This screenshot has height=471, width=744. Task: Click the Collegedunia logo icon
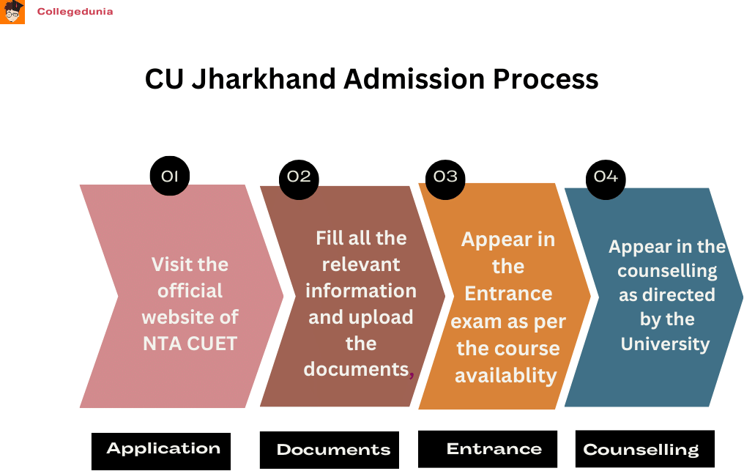(x=12, y=12)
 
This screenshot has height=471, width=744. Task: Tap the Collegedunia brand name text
(x=75, y=12)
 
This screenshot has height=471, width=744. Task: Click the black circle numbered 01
(x=169, y=177)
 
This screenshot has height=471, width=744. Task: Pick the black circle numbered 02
(x=299, y=177)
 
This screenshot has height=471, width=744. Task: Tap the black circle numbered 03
(x=445, y=177)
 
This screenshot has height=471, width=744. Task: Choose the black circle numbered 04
(x=606, y=177)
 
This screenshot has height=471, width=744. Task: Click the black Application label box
(x=162, y=450)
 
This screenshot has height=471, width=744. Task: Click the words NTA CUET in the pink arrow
(x=190, y=343)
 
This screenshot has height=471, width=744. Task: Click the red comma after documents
(x=412, y=373)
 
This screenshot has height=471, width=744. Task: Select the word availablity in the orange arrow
(x=506, y=375)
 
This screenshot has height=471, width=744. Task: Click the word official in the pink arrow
(x=190, y=290)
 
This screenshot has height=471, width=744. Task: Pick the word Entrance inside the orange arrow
(x=508, y=293)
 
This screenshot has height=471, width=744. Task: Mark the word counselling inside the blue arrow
(x=667, y=270)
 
